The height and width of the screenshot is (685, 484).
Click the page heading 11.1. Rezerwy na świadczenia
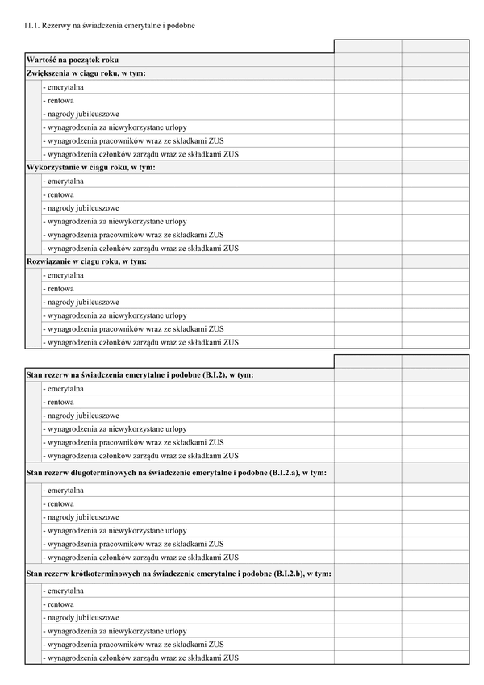[x=110, y=25]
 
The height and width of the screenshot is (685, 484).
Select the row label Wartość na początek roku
[x=73, y=60]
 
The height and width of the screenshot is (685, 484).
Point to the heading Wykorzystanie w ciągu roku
[x=90, y=167]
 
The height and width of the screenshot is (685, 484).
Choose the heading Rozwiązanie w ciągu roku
[x=86, y=261]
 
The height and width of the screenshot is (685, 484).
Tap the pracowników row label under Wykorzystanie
[x=134, y=235]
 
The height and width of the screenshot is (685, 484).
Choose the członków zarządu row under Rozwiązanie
[x=141, y=342]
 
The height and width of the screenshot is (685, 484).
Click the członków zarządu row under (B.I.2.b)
[x=141, y=658]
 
